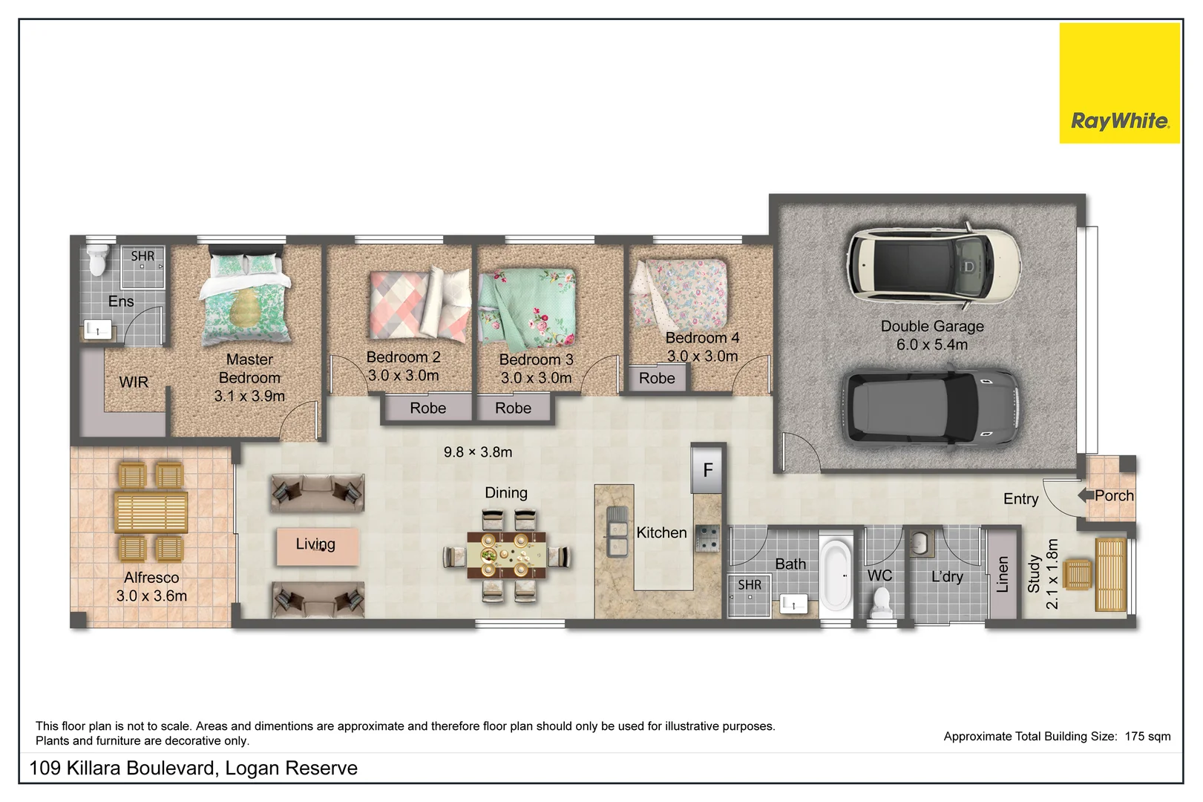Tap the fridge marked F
[x=707, y=469]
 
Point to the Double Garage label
[x=932, y=326]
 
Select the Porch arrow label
[x=1107, y=495]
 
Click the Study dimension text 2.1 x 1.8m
[x=1052, y=573]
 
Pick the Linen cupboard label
[x=1003, y=573]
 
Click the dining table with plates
[x=506, y=555]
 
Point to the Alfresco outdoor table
[x=151, y=511]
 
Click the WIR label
[x=134, y=382]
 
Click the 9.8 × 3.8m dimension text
[x=478, y=451]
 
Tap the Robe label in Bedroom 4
[x=657, y=378]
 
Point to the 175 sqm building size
[x=1147, y=736]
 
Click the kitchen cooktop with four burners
[x=707, y=538]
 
